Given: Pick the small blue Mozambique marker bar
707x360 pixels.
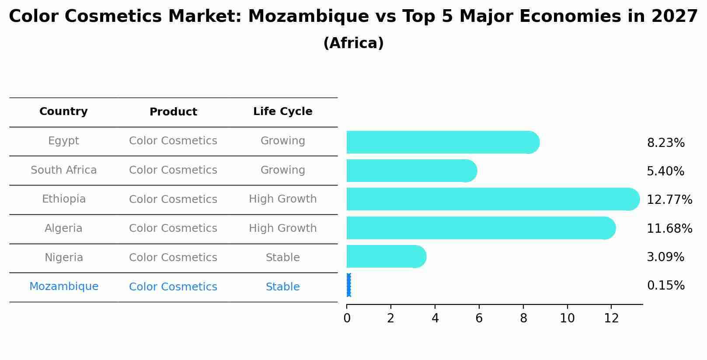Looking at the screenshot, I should pyautogui.click(x=348, y=285).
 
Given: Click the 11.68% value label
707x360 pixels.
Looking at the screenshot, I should pyautogui.click(x=669, y=228).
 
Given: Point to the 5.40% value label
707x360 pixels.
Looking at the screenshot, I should pyautogui.click(x=665, y=171).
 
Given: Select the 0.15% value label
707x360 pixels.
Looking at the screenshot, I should pyautogui.click(x=665, y=286).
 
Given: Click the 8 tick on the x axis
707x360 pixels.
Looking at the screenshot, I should pyautogui.click(x=523, y=318).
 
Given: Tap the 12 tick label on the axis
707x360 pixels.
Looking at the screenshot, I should pyautogui.click(x=611, y=318).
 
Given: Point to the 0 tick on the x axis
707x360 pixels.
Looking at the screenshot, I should pyautogui.click(x=347, y=318).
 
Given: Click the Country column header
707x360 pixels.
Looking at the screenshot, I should pyautogui.click(x=63, y=112).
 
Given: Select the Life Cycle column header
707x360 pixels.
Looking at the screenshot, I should pyautogui.click(x=282, y=112).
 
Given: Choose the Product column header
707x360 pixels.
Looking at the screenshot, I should pyautogui.click(x=173, y=112).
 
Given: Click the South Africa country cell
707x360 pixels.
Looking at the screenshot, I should pyautogui.click(x=63, y=170).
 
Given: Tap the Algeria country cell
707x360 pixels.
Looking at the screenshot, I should pyautogui.click(x=63, y=228).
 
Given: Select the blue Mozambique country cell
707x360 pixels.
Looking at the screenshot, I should pyautogui.click(x=63, y=287).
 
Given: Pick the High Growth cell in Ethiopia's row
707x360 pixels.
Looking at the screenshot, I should pyautogui.click(x=282, y=199).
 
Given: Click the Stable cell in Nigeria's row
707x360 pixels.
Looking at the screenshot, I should pyautogui.click(x=282, y=258).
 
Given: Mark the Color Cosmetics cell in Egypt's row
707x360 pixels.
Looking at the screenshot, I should pyautogui.click(x=173, y=141).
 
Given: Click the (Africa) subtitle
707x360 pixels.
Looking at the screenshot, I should pyautogui.click(x=353, y=43).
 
